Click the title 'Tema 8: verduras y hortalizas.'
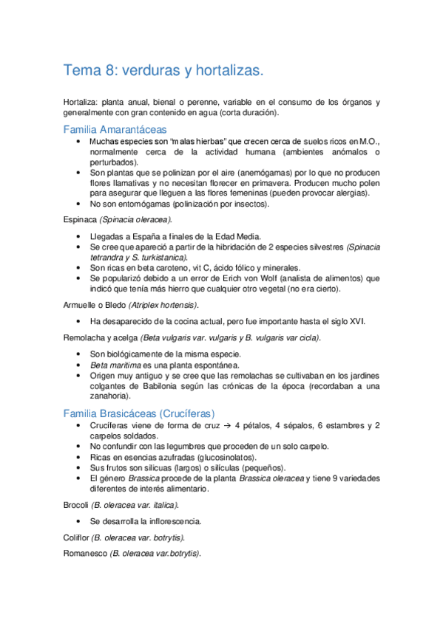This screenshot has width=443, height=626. click(x=163, y=71)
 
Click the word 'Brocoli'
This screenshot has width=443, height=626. click(x=76, y=505)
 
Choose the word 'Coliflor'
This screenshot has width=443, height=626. click(x=78, y=537)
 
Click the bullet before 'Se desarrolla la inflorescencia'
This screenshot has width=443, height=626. click(x=78, y=521)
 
